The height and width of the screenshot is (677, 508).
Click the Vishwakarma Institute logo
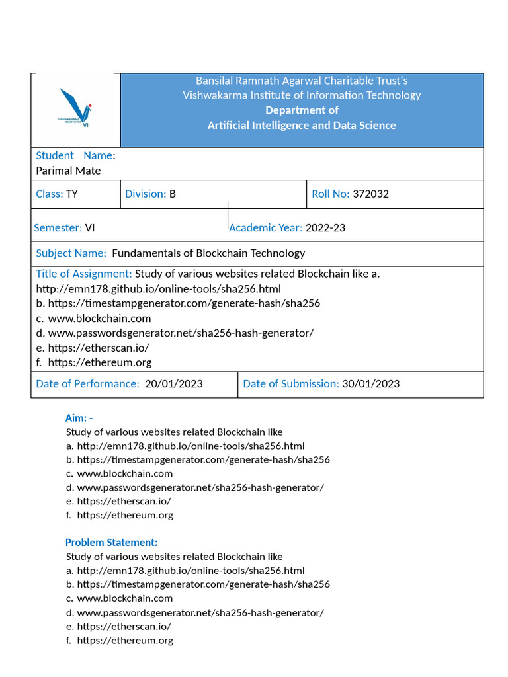point(75,107)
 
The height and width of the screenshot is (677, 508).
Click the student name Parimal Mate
point(68,171)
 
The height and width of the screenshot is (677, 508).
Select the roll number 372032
point(370,194)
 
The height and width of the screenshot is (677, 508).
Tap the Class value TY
point(72,194)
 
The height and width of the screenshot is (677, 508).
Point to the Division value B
point(173,194)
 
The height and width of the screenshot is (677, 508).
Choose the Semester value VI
point(90,228)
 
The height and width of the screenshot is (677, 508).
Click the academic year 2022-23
point(325,228)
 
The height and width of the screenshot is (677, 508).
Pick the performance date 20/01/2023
point(174,384)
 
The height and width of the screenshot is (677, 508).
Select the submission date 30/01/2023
point(370,384)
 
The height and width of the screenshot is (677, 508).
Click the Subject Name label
point(71,253)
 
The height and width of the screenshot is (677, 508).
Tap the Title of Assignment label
point(84,274)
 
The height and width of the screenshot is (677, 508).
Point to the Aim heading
point(79,418)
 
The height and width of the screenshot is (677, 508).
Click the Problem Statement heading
point(111,543)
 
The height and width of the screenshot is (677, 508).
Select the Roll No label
point(331,194)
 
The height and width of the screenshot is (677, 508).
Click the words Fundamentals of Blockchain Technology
point(208,253)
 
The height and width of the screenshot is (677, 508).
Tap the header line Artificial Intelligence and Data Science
point(302,126)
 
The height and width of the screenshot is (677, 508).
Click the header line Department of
point(302,110)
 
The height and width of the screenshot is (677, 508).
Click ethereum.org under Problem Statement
point(125,640)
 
